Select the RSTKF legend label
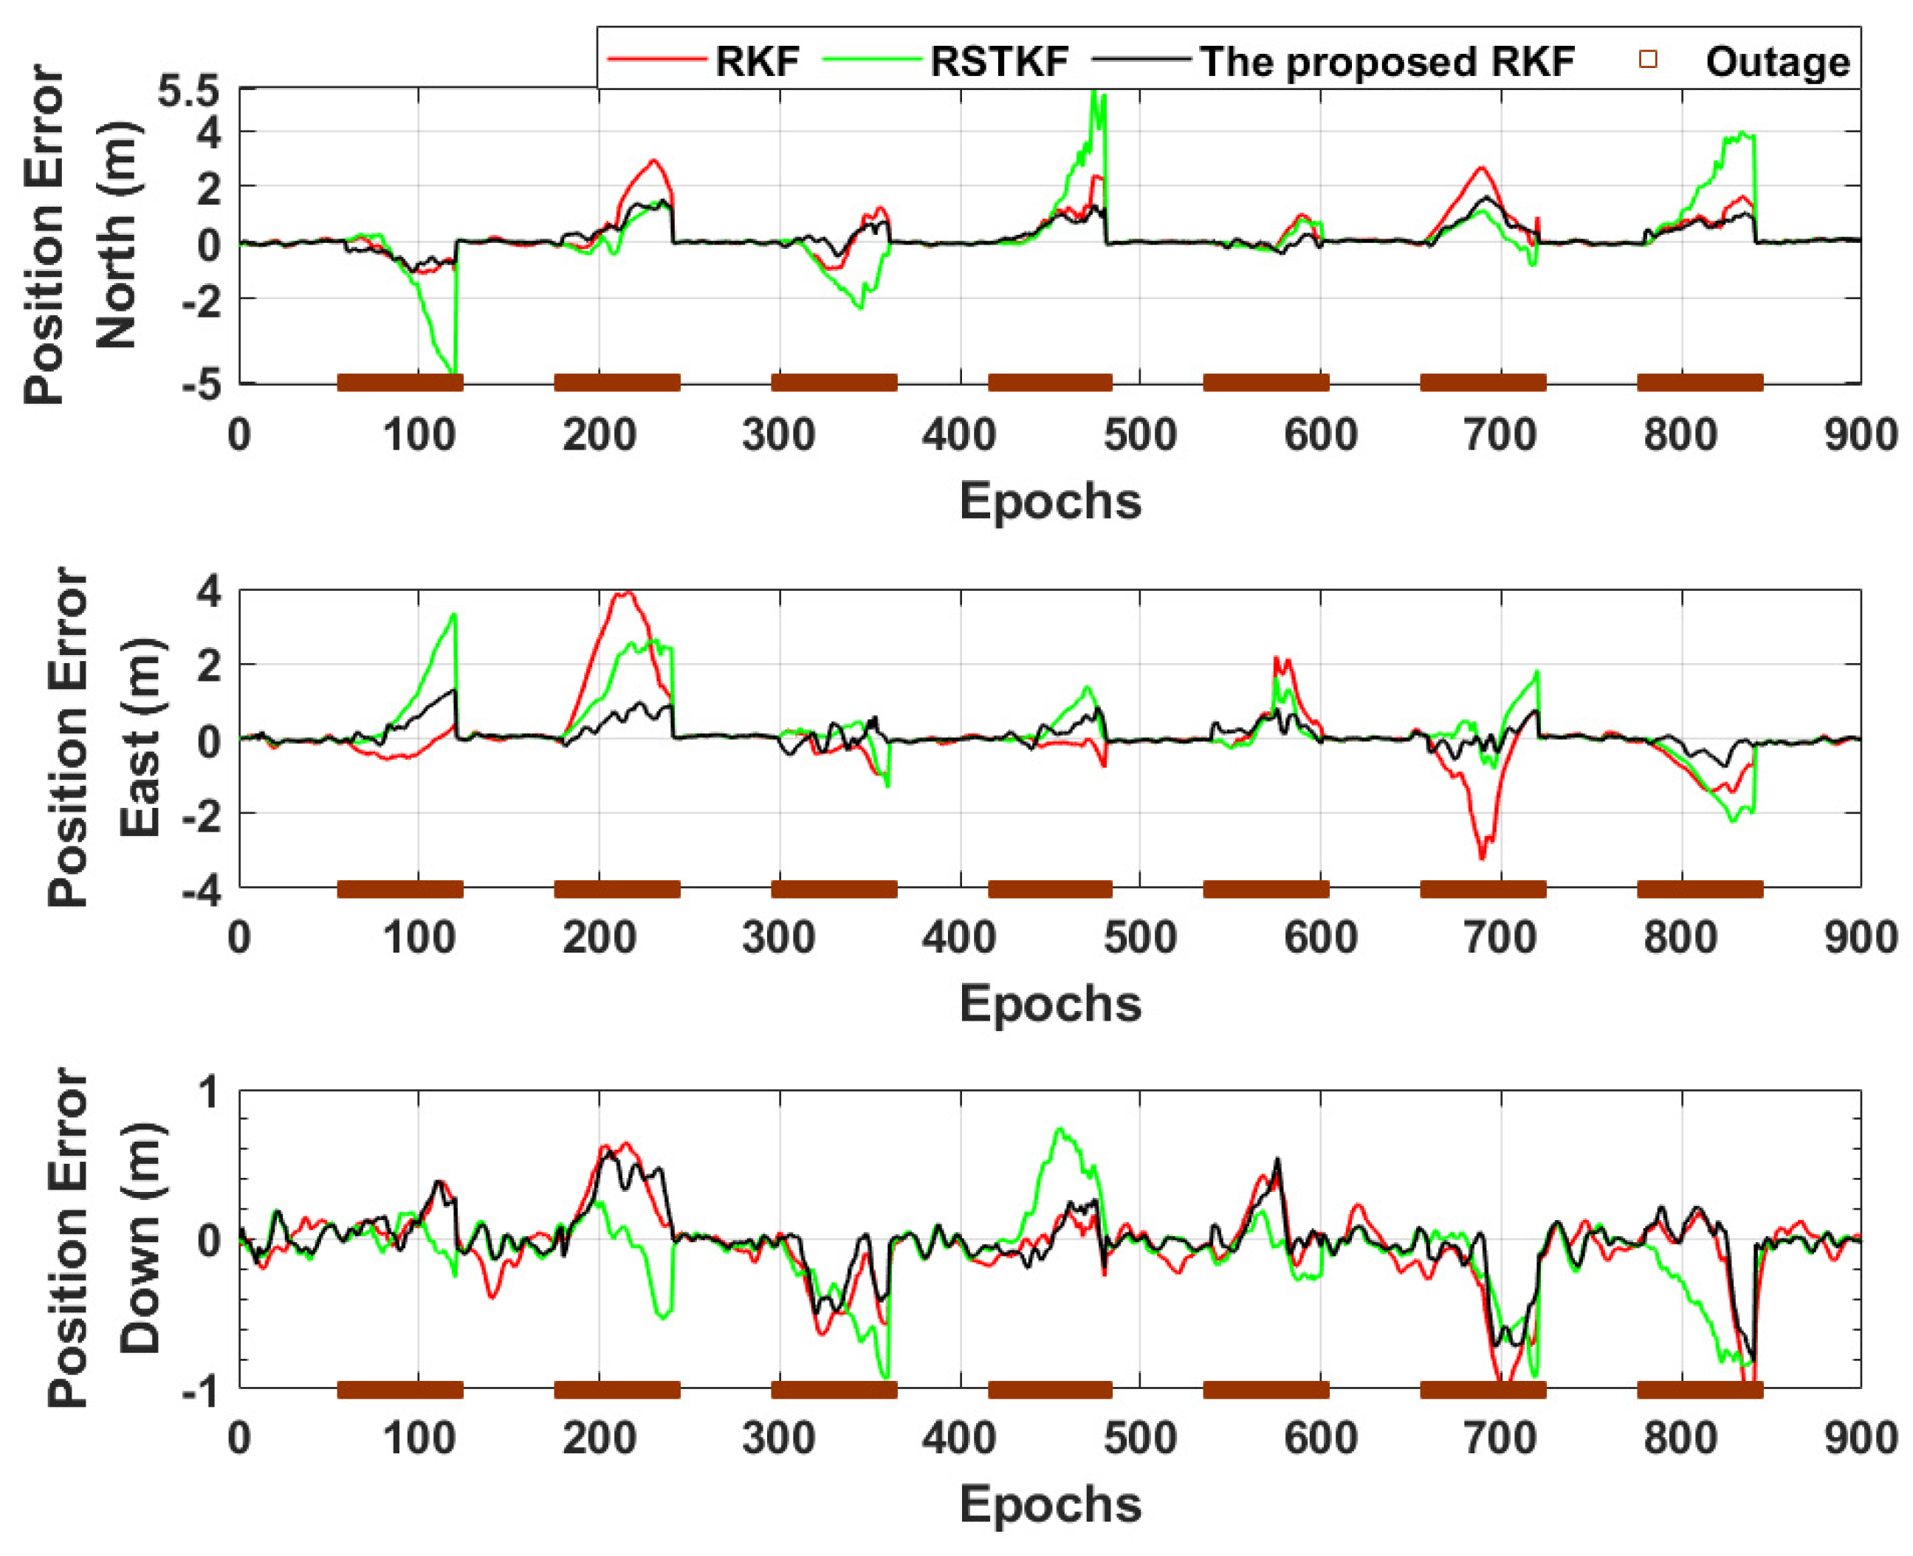pos(998,62)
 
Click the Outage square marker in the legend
pos(1647,60)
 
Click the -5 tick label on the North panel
pos(201,385)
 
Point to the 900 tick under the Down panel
pos(1860,1438)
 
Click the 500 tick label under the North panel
pos(1138,436)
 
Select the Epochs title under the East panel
pos(1049,1003)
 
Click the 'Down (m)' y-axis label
pos(140,1238)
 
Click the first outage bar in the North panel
pos(399,383)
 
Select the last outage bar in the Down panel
pos(1699,1390)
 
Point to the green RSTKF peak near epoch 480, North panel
pos(1094,92)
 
